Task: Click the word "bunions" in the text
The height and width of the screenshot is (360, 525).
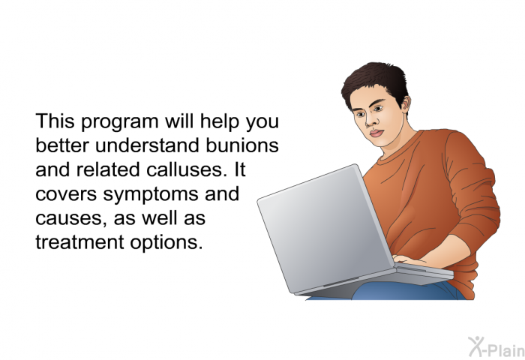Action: point(242,145)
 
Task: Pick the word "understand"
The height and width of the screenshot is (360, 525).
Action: point(148,145)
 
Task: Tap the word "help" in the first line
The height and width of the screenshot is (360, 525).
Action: point(220,122)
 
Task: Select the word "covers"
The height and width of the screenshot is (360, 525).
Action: point(66,194)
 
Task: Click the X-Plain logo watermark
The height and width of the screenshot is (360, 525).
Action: point(496,347)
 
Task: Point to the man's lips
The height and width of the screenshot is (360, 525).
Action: point(376,133)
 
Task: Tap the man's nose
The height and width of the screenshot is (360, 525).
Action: point(369,121)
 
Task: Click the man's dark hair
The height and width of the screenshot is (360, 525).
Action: point(376,82)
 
